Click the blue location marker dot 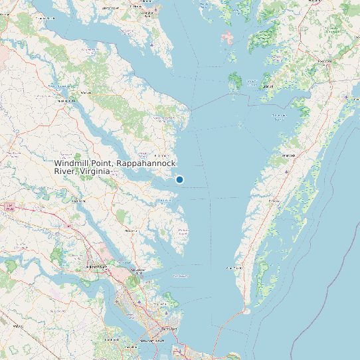point(179,179)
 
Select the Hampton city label point(168,328)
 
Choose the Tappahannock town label point(65,100)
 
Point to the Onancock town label point(288,155)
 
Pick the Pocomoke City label point(325,62)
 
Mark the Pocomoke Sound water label point(280,118)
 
